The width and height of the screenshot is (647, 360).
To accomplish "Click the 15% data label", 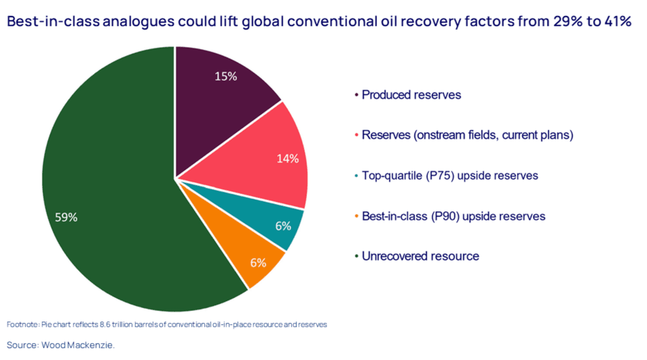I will click(225, 76).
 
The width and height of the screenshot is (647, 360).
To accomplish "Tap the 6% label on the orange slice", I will click(257, 262).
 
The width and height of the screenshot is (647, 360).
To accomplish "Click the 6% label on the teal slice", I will click(283, 226).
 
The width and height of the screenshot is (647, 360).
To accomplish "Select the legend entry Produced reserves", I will click(411, 95).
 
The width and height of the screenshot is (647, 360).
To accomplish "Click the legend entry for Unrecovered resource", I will click(420, 256).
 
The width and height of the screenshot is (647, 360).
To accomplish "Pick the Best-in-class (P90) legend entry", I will click(453, 216).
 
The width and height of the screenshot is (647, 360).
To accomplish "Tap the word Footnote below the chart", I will click(22, 324).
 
